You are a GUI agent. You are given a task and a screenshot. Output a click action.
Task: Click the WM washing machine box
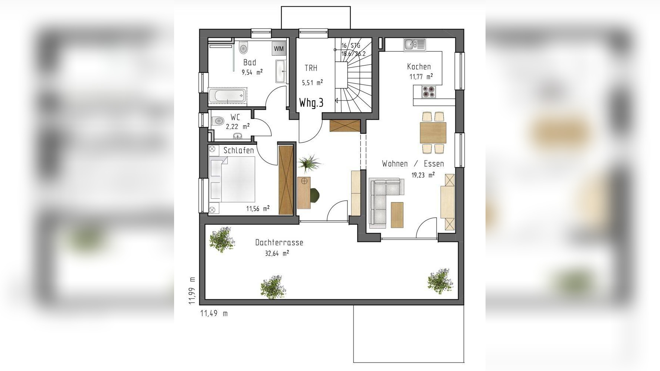click(x=279, y=49)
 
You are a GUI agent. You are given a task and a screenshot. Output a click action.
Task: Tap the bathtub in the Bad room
click(x=228, y=96)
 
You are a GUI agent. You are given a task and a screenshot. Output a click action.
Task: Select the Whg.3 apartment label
click(x=311, y=103)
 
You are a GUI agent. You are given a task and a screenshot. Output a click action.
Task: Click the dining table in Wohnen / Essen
click(x=433, y=132)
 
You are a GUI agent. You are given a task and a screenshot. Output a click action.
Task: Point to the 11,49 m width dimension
click(x=214, y=313)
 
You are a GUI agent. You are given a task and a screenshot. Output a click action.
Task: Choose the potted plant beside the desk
click(x=309, y=164)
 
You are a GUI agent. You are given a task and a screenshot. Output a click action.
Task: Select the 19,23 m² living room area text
click(x=423, y=175)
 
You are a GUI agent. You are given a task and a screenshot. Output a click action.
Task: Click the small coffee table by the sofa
click(x=397, y=215)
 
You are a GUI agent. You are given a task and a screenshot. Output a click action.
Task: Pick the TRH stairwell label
click(x=311, y=68)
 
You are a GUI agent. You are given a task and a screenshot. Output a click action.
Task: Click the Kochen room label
click(x=419, y=67)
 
